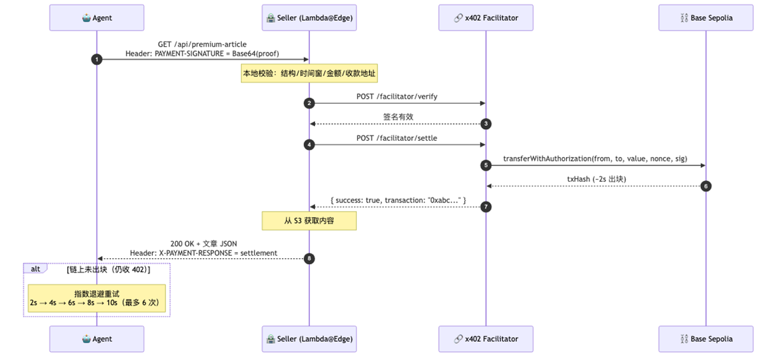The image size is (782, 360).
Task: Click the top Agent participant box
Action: tap(97, 18)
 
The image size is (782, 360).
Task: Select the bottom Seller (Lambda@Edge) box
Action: tap(309, 339)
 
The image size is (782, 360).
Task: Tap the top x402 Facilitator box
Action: tap(486, 18)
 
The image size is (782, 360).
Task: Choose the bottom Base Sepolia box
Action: tap(706, 339)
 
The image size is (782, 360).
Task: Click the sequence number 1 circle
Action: tap(97, 60)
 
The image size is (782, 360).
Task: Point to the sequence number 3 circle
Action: tap(486, 124)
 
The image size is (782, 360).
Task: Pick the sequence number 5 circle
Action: tap(486, 165)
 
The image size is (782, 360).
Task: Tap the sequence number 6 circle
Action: tap(706, 186)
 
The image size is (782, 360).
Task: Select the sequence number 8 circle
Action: tap(309, 259)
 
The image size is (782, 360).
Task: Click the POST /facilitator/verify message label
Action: tap(397, 97)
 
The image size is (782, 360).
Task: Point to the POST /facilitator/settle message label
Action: tap(397, 138)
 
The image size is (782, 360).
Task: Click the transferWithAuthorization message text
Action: tap(595, 158)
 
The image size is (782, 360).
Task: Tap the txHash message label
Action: tap(597, 179)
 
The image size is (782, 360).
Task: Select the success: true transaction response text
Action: tap(398, 200)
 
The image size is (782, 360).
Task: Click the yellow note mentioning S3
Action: tap(309, 221)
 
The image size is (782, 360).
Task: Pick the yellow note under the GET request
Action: tap(309, 73)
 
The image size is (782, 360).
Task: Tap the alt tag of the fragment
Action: tap(35, 269)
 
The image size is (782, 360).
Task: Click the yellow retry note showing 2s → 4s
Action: tap(97, 298)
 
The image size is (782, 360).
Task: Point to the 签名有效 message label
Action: tap(398, 117)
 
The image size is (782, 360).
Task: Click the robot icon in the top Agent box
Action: tap(86, 18)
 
